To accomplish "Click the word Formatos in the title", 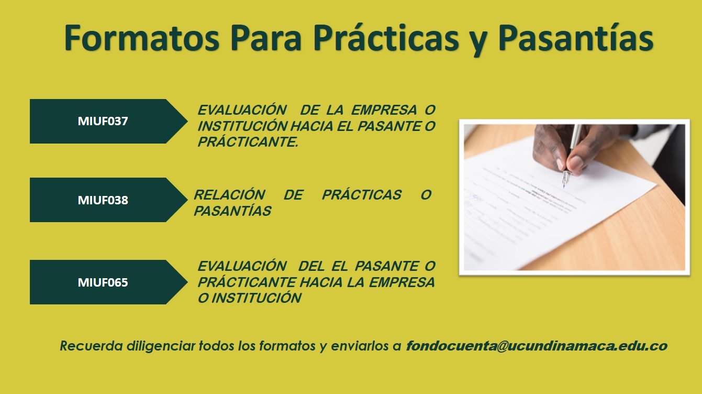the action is pyautogui.click(x=142, y=38).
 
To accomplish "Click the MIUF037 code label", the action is pyautogui.click(x=103, y=121).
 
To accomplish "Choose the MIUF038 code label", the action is pyautogui.click(x=103, y=200).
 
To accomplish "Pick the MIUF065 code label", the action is pyautogui.click(x=103, y=282).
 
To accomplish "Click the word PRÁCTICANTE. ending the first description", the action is pyautogui.click(x=248, y=142).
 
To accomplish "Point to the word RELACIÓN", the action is pyautogui.click(x=230, y=195).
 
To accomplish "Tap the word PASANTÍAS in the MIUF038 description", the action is pyautogui.click(x=232, y=211).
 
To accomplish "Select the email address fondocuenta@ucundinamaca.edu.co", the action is pyautogui.click(x=537, y=346).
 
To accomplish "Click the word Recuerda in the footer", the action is pyautogui.click(x=91, y=346).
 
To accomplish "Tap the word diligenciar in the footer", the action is pyautogui.click(x=161, y=346).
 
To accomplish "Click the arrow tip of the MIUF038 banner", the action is pyautogui.click(x=187, y=200).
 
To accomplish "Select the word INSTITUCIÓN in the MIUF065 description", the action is pyautogui.click(x=257, y=298).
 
